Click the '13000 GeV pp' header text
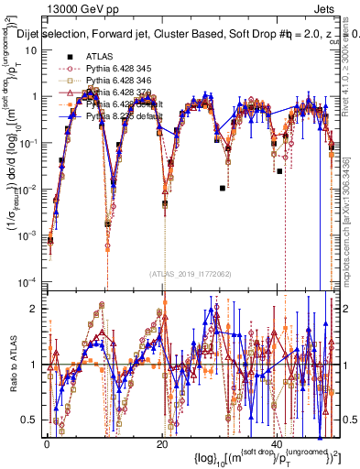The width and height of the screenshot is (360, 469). pos(75,10)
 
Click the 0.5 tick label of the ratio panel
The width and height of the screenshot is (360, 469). pos(29,420)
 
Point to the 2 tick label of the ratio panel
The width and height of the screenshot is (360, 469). pos(35,308)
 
